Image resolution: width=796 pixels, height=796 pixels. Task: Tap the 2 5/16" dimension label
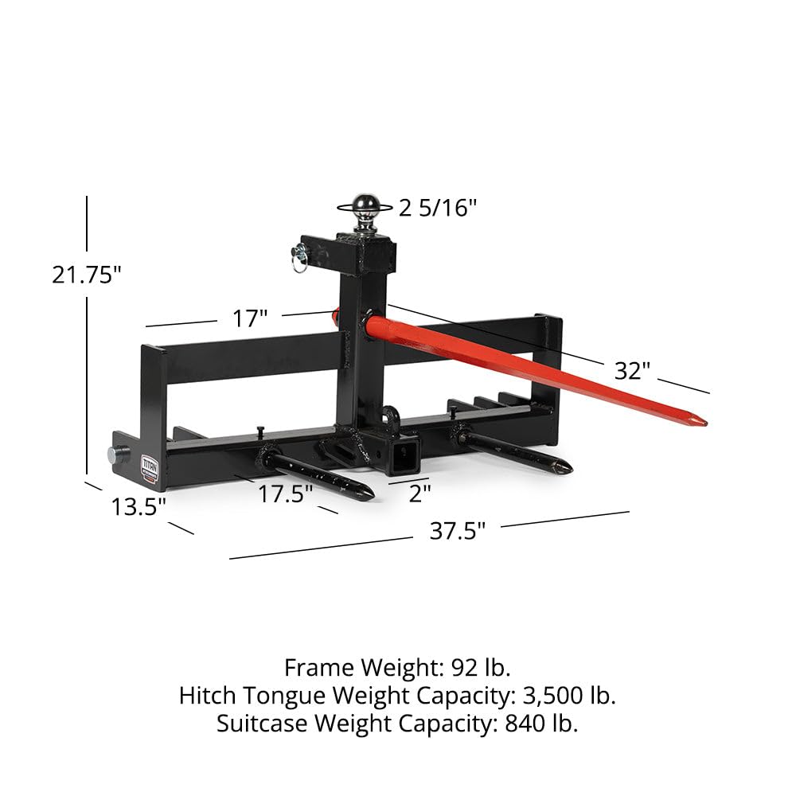(x=438, y=208)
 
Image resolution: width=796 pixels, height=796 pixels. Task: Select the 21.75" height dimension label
(x=87, y=275)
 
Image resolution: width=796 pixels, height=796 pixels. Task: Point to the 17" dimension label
(x=249, y=319)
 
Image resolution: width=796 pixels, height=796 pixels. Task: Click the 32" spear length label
(x=632, y=371)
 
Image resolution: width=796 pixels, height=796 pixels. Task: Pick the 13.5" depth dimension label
(x=139, y=506)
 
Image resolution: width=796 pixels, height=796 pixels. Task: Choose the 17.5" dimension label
(x=285, y=494)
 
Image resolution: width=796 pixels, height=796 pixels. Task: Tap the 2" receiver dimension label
(x=419, y=494)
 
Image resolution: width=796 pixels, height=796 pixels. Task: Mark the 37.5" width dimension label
(x=458, y=531)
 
